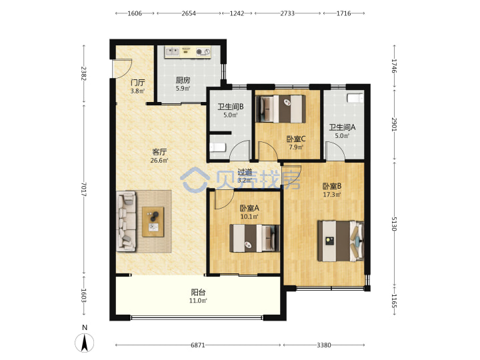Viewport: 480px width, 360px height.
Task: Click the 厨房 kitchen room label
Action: point(183,80)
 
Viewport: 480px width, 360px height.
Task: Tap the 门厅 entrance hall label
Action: point(137,83)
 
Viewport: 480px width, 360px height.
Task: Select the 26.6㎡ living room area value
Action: point(159,160)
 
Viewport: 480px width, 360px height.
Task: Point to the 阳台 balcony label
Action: point(198,292)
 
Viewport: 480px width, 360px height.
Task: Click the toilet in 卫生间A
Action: point(355,98)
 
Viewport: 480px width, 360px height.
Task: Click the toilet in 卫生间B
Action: point(218,147)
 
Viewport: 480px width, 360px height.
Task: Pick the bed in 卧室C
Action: point(281,109)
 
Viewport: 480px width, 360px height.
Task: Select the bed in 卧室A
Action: point(255,238)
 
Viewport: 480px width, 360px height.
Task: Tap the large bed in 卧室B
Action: point(341,241)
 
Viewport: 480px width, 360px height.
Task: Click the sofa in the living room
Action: point(126,221)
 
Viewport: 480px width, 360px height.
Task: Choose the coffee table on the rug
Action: point(153,221)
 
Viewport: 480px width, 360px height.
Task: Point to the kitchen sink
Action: point(172,51)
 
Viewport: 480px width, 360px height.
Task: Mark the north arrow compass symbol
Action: point(85,343)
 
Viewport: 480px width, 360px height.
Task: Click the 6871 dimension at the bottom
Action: point(198,345)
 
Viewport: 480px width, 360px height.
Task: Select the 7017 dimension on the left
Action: point(84,189)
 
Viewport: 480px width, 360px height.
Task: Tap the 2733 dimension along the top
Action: point(287,13)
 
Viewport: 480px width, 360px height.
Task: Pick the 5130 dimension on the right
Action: point(394,224)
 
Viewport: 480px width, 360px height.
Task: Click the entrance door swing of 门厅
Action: point(123,68)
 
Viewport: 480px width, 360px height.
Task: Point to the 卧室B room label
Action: point(332,186)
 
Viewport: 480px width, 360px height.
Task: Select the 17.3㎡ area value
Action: point(332,195)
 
